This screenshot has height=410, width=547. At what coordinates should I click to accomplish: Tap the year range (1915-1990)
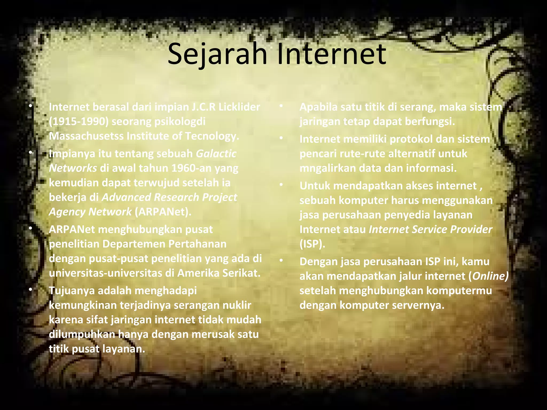coord(79,122)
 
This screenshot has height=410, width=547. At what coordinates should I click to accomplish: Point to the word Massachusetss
coord(86,136)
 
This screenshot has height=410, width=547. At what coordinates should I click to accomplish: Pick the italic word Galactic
coord(216,154)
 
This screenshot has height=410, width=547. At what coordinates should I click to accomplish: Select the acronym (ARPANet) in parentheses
coord(163,212)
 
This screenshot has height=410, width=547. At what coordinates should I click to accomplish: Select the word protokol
coord(411,139)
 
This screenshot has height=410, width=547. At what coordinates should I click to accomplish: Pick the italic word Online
coord(490,276)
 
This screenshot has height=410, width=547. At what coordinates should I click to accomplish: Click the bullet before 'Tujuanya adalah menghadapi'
coord(31,290)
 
